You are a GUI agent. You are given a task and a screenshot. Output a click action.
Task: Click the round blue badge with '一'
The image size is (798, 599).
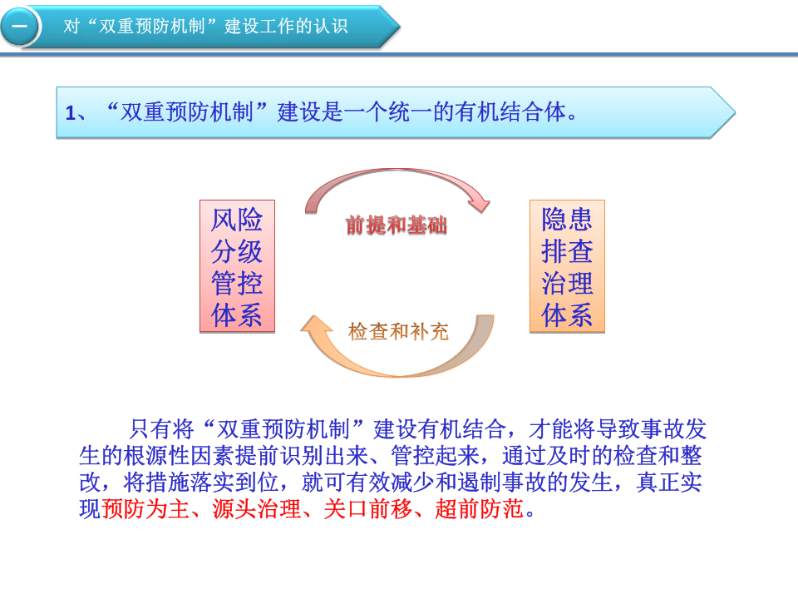point(19,27)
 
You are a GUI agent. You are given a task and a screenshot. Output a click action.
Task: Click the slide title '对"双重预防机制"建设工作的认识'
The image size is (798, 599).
point(205,27)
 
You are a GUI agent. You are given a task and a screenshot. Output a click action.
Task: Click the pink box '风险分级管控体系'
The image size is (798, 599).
point(237,266)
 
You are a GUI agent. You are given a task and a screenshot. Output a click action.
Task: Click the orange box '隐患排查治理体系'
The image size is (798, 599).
point(567,266)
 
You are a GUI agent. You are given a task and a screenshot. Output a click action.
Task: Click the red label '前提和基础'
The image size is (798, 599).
point(397,225)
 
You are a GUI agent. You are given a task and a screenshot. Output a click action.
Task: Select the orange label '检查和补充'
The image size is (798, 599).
point(398,332)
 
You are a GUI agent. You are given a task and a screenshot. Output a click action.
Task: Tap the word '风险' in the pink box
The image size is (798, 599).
point(237,220)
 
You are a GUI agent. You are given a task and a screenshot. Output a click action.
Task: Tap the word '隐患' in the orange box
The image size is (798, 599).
point(567,219)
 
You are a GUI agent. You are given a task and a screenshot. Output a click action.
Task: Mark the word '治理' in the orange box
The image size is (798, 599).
point(567,284)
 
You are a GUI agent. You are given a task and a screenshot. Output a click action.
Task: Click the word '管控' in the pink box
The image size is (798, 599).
point(237,284)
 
